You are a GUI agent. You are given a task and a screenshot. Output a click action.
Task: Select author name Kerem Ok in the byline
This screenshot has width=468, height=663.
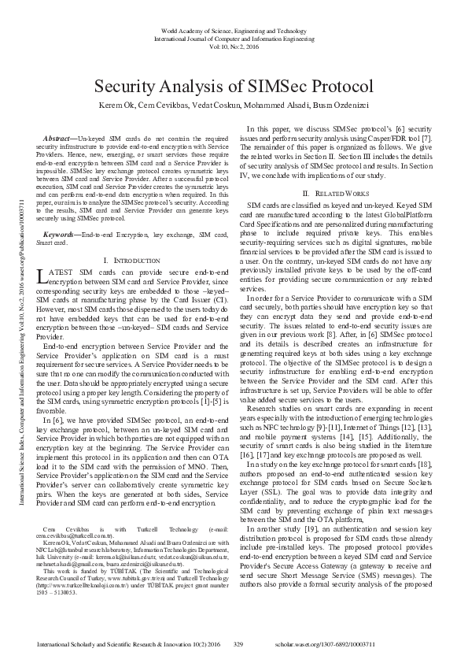click(112, 106)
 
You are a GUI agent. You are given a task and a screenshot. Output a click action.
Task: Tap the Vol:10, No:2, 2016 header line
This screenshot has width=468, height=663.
click(234, 46)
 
